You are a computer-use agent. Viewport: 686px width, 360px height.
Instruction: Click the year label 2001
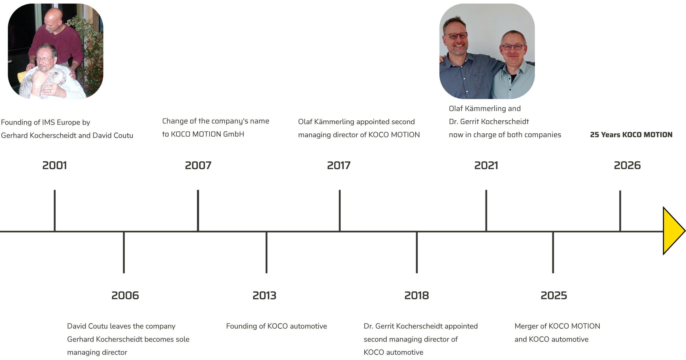click(55, 165)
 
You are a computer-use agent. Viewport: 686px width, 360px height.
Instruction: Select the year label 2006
click(125, 295)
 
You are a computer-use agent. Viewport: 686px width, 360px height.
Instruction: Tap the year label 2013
click(264, 295)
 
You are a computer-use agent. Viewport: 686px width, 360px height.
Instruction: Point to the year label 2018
click(417, 295)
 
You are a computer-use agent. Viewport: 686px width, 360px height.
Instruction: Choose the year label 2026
click(627, 165)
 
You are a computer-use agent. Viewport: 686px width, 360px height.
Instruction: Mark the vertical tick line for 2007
click(198, 210)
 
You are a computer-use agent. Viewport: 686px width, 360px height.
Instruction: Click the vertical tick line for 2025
click(553, 252)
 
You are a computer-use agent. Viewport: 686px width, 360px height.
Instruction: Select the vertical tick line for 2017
click(340, 210)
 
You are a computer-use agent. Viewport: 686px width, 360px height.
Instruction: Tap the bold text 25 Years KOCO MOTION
click(631, 135)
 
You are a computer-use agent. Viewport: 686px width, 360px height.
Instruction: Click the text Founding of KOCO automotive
click(277, 326)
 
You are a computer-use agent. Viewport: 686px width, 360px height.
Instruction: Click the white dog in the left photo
click(43, 82)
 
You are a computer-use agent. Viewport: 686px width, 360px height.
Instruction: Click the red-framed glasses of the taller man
click(457, 35)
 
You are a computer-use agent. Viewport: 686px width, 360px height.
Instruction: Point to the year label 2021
click(486, 165)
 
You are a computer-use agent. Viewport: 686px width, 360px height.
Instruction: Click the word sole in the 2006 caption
click(182, 339)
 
